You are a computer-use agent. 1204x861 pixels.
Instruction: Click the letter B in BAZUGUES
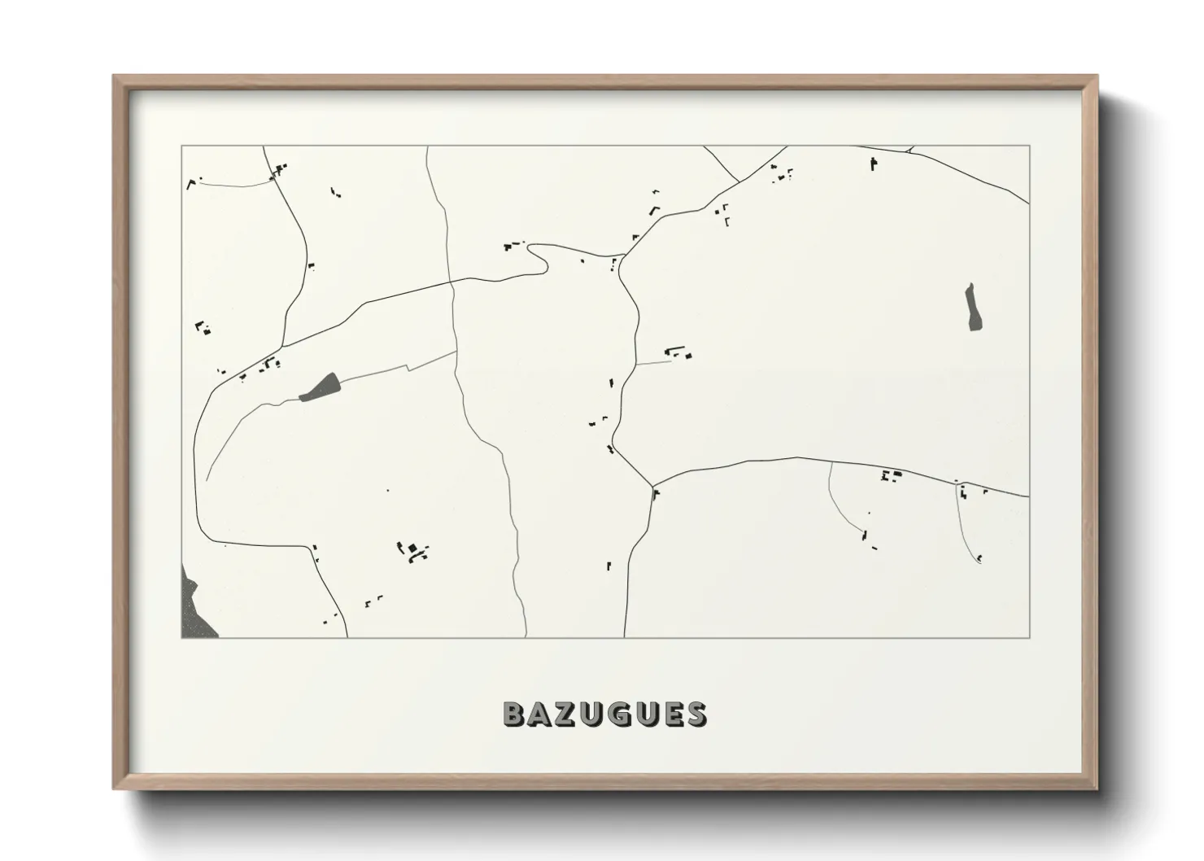point(515,715)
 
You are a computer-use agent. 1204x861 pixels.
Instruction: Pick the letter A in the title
point(542,715)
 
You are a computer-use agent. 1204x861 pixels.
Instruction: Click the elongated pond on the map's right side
point(971,307)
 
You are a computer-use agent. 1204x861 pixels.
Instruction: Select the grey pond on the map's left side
point(321,387)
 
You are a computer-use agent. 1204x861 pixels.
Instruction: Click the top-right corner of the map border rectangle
point(1029,146)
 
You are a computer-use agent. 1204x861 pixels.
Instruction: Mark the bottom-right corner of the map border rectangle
point(1029,637)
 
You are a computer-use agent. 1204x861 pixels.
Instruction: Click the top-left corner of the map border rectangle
point(181,146)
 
